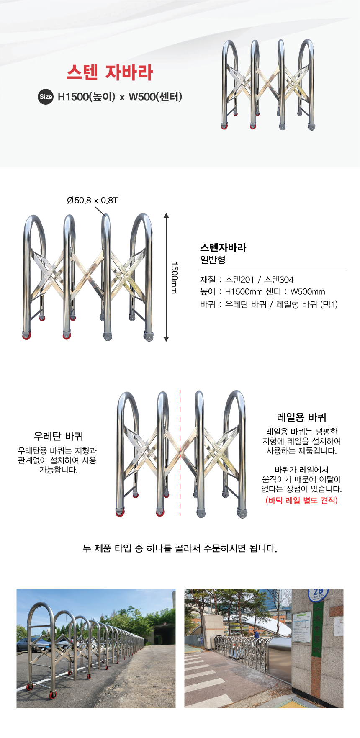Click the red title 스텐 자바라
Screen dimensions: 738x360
(110, 72)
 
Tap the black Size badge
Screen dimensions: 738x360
(46, 97)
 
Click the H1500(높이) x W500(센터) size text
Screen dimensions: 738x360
(120, 97)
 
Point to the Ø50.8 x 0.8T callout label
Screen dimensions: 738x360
(92, 201)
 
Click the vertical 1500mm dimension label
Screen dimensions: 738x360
(174, 278)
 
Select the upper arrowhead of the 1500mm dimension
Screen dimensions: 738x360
(166, 216)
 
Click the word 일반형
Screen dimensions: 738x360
(213, 260)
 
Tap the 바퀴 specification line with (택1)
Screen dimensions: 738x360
(269, 304)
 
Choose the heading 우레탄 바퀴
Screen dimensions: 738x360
(59, 437)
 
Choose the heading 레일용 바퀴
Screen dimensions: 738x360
(301, 417)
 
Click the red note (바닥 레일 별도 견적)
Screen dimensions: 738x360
(301, 500)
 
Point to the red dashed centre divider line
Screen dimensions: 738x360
(180, 452)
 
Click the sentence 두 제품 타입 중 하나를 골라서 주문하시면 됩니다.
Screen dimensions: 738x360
(180, 548)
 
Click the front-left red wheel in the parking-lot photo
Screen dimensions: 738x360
(30, 687)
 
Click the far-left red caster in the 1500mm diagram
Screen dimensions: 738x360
(26, 336)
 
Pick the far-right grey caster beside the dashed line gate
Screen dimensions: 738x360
(242, 514)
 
